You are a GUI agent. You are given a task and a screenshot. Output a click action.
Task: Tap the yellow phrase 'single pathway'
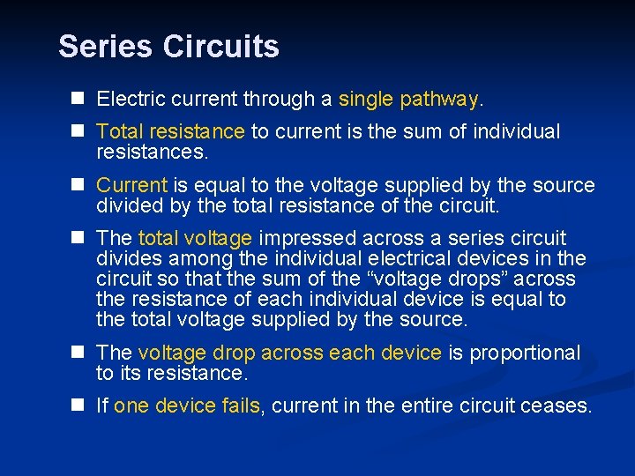pyautogui.click(x=408, y=100)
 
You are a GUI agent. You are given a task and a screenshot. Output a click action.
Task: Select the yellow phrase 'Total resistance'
pyautogui.click(x=170, y=132)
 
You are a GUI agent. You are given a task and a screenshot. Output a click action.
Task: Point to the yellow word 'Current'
pyautogui.click(x=131, y=186)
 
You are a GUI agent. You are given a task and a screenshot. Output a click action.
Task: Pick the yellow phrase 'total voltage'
pyautogui.click(x=196, y=239)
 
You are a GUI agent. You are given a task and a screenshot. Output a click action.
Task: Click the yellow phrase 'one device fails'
pyautogui.click(x=187, y=405)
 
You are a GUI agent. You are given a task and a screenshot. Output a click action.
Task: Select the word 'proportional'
pyautogui.click(x=526, y=353)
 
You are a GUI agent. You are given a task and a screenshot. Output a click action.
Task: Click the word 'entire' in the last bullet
pyautogui.click(x=437, y=405)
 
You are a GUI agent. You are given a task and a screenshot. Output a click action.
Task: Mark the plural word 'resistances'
pyautogui.click(x=151, y=152)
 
